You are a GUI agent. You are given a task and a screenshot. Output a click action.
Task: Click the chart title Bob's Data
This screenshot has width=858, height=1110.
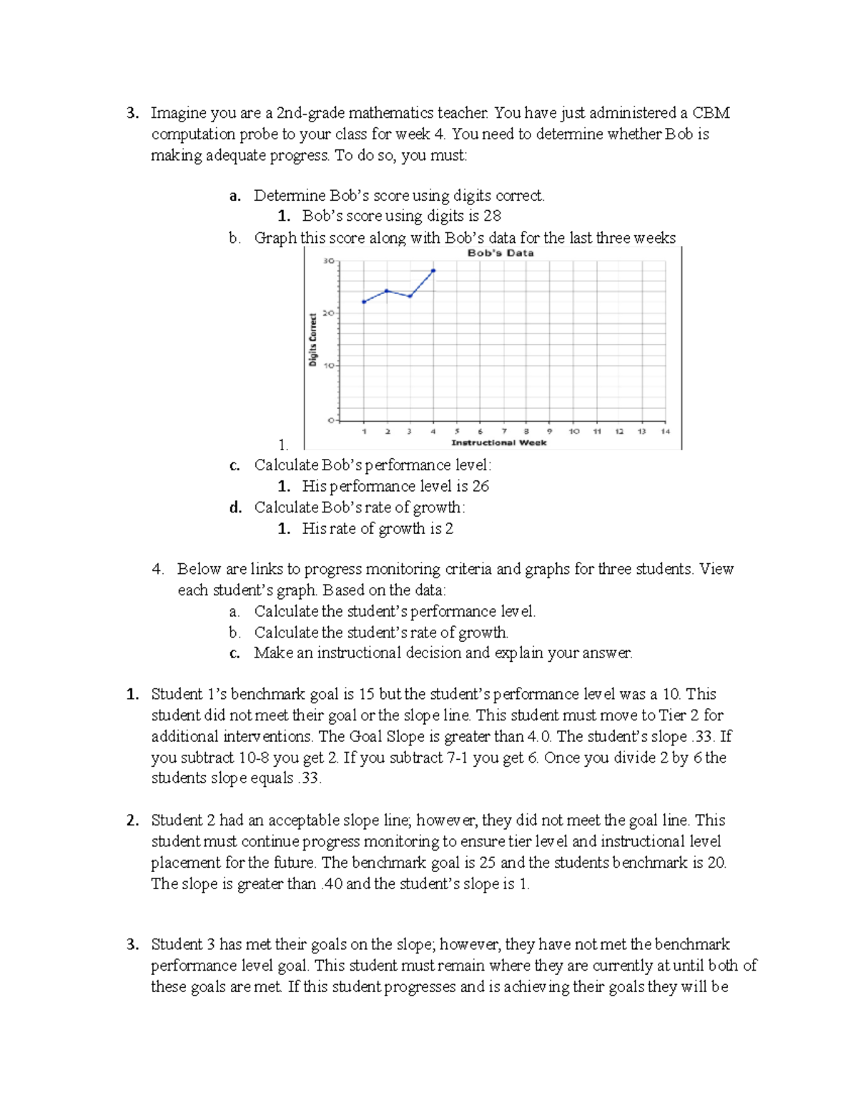coord(500,253)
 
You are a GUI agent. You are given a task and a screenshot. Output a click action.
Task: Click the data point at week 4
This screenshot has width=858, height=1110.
coord(433,271)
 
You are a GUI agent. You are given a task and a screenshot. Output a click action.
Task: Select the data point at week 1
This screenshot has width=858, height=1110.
coord(364,302)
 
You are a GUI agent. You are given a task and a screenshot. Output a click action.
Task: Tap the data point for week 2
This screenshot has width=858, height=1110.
coord(387,291)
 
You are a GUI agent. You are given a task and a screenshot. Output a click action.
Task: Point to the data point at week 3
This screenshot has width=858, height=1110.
coord(410,296)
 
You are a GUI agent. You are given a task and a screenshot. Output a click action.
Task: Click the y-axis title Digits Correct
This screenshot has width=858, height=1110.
coord(313,340)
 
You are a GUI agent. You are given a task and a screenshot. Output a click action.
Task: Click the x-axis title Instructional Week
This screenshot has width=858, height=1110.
coord(499,443)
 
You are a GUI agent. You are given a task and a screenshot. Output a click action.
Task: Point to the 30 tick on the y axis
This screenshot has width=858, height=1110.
coord(328,262)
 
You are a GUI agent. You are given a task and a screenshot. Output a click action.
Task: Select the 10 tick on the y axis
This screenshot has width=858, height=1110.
coord(328,366)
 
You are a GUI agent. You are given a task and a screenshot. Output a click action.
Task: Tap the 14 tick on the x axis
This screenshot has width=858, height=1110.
coord(666,432)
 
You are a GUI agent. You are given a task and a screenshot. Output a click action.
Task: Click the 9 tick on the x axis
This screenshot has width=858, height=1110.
coord(549,432)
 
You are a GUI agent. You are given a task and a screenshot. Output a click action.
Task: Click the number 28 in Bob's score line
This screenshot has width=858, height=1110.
coord(492,216)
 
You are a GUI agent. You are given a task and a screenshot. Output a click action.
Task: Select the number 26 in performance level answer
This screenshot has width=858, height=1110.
coord(480,486)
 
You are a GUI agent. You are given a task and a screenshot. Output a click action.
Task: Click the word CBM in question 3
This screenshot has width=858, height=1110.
coord(711,113)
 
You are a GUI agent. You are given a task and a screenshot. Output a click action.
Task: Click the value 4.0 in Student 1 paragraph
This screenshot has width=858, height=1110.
coord(538,736)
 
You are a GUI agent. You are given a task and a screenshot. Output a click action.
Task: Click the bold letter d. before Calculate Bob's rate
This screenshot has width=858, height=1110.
coord(235,507)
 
